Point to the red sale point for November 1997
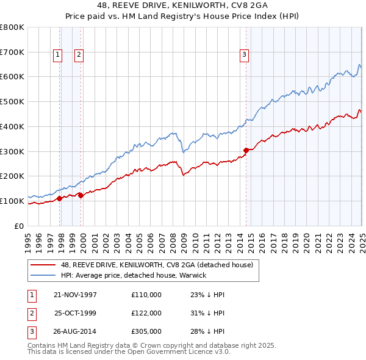tap(60, 198)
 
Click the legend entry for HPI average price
tap(134, 275)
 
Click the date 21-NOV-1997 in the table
tap(76, 295)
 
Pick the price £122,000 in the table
tap(146, 313)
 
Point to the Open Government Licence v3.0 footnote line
tap(129, 351)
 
